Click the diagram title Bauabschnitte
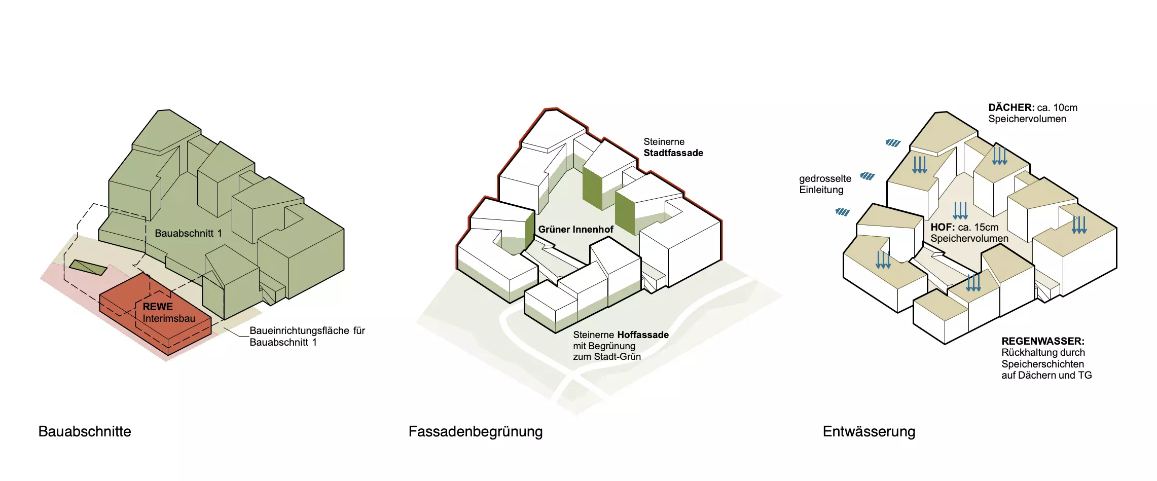point(85,431)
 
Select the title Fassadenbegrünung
point(475,431)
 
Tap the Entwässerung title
point(869,431)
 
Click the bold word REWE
point(158,307)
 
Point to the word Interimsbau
point(169,319)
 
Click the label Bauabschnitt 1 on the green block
point(188,233)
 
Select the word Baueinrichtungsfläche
point(300,330)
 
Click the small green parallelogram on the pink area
point(88,267)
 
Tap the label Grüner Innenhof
point(575,230)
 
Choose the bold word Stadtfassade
point(673,153)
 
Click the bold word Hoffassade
point(642,335)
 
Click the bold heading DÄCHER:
point(1011,107)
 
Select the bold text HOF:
point(943,227)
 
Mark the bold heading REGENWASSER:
point(1042,341)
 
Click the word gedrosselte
point(825,178)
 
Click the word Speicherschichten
point(1042,364)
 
